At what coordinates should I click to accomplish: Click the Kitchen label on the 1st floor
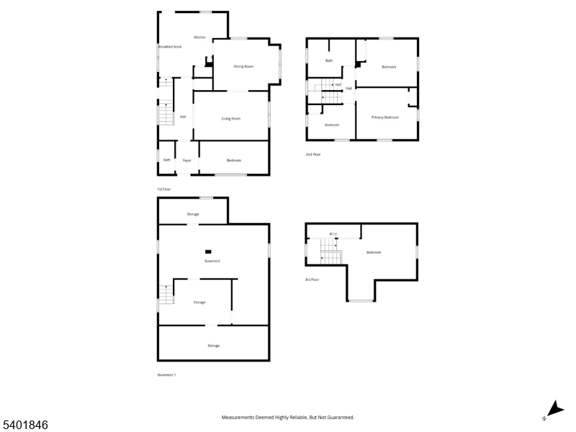[x=199, y=37]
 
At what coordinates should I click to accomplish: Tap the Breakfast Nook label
[x=170, y=47]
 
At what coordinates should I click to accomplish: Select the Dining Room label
[x=243, y=66]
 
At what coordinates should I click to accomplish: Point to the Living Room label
[x=230, y=118]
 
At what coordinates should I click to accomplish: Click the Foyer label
[x=186, y=160]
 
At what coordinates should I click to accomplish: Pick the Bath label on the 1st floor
[x=166, y=160]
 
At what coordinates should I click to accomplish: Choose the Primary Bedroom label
[x=384, y=117]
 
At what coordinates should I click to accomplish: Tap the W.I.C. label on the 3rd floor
[x=333, y=234]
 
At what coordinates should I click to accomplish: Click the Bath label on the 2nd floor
[x=329, y=60]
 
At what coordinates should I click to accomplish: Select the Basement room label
[x=212, y=261]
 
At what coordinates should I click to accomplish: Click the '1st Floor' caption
[x=164, y=189]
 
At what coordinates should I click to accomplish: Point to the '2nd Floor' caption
[x=312, y=154]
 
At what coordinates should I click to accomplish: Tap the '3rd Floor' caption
[x=312, y=279]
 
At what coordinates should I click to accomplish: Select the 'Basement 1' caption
[x=166, y=374]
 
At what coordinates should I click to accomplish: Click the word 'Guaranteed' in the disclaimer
[x=338, y=417]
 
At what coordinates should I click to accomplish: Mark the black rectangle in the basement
[x=209, y=251]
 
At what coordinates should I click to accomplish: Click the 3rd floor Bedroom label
[x=373, y=252]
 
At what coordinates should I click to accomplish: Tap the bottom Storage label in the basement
[x=213, y=346]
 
